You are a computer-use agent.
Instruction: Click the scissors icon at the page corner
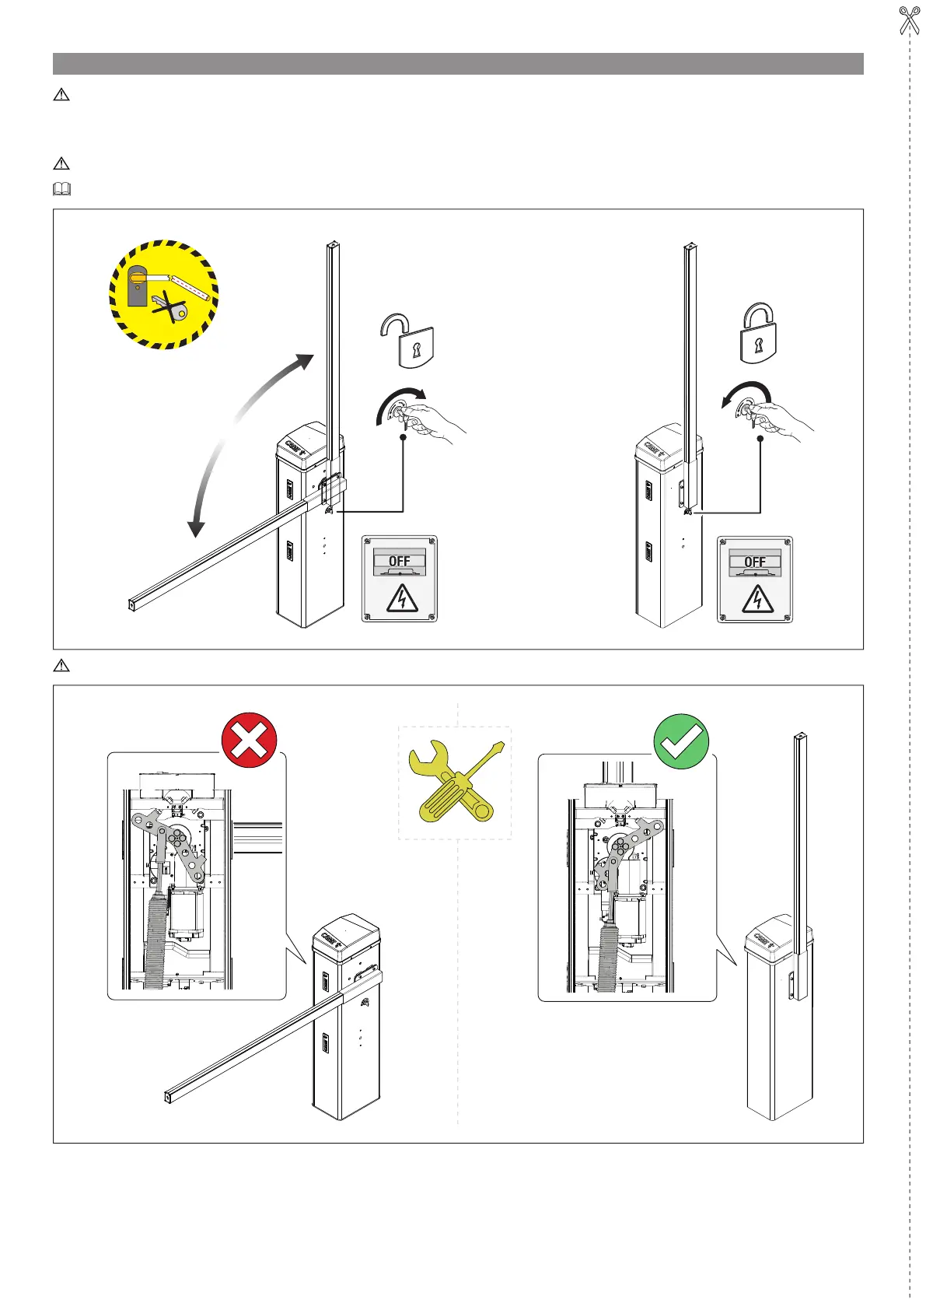click(908, 20)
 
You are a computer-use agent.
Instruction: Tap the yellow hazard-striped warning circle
click(164, 294)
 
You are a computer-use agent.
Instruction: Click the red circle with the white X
click(249, 741)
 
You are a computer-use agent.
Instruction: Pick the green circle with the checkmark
click(681, 741)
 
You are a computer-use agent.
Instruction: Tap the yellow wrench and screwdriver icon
click(455, 783)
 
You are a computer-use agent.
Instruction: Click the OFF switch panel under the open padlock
click(400, 579)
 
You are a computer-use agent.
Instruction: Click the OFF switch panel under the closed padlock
click(755, 580)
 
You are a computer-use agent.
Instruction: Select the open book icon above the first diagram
click(61, 188)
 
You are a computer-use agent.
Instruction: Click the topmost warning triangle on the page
click(61, 95)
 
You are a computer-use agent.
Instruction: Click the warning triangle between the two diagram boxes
click(61, 665)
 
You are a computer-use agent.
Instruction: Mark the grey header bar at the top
click(458, 64)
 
